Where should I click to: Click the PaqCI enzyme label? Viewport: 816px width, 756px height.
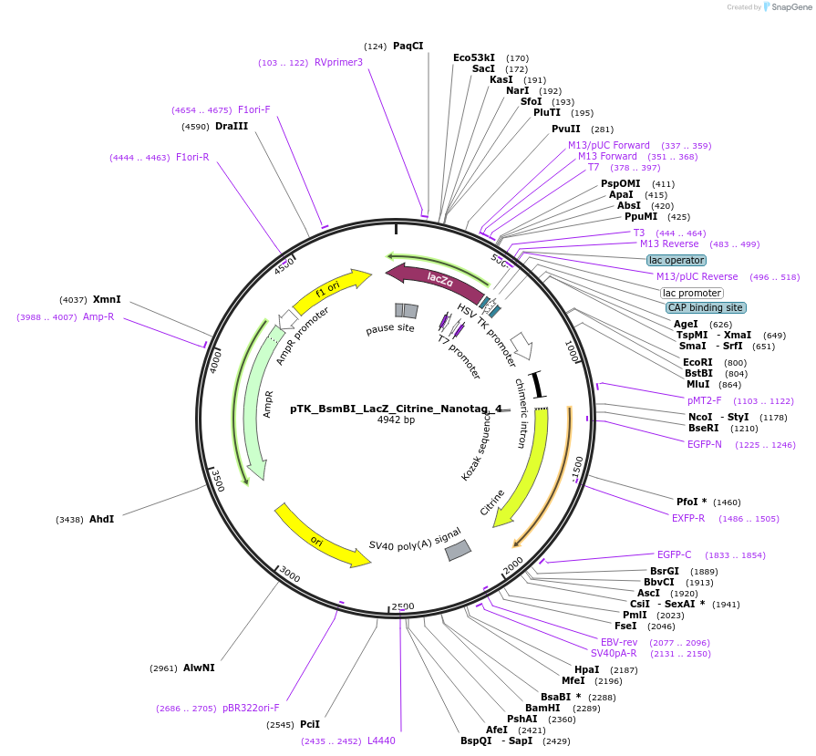[408, 46]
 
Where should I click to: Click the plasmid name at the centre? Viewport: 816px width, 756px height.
[396, 409]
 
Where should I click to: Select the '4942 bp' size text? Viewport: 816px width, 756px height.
[396, 420]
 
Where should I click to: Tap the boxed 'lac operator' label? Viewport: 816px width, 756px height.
[677, 260]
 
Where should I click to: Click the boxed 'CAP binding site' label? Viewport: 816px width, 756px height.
[706, 307]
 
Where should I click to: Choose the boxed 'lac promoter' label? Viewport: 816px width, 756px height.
[692, 293]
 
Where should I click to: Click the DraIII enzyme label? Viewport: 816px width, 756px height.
[232, 126]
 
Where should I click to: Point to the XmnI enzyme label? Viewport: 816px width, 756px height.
[107, 299]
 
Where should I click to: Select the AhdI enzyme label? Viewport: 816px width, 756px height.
[101, 519]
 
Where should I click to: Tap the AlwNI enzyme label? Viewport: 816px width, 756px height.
[199, 668]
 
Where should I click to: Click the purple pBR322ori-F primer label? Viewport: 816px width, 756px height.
[251, 708]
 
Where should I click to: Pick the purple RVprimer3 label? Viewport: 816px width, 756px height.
[338, 62]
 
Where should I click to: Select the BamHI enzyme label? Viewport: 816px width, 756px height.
[542, 708]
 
